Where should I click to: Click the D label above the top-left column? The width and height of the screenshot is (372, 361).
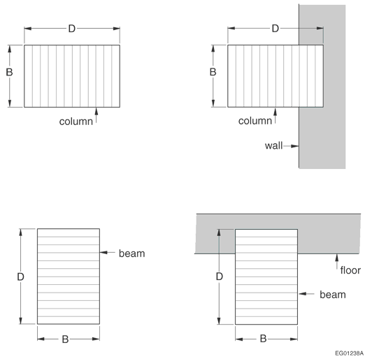pos(72,29)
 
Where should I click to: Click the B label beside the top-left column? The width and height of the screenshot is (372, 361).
pos(9,72)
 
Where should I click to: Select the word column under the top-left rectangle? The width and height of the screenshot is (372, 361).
pos(76,121)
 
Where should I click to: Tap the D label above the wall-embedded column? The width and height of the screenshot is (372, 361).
pos(276,29)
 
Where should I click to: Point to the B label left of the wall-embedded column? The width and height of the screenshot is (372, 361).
pos(213,72)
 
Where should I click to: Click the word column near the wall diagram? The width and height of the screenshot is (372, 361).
pos(255,121)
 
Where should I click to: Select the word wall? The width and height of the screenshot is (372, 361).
pos(273,146)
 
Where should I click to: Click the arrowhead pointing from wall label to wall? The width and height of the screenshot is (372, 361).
pos(295,146)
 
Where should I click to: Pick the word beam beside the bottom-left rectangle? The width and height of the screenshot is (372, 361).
pos(132,253)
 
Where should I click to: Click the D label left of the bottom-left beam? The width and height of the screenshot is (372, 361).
pos(21,277)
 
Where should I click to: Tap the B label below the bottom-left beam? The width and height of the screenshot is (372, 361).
pos(65,339)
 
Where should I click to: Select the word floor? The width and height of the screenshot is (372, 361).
pos(350,270)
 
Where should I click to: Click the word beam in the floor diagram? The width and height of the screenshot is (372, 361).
pos(333,295)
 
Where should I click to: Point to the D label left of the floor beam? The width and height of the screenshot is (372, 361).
pos(220,277)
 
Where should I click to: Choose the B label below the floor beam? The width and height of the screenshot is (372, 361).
pos(263,339)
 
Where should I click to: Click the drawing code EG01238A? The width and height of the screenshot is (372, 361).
pos(349,353)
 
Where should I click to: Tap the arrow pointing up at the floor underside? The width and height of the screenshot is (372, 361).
pos(336,262)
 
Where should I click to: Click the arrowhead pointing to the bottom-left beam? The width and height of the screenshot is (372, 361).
pos(103,253)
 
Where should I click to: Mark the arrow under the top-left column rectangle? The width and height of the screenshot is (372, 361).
pos(96,115)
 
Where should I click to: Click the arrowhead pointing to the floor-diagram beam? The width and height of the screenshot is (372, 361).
pos(302,294)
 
